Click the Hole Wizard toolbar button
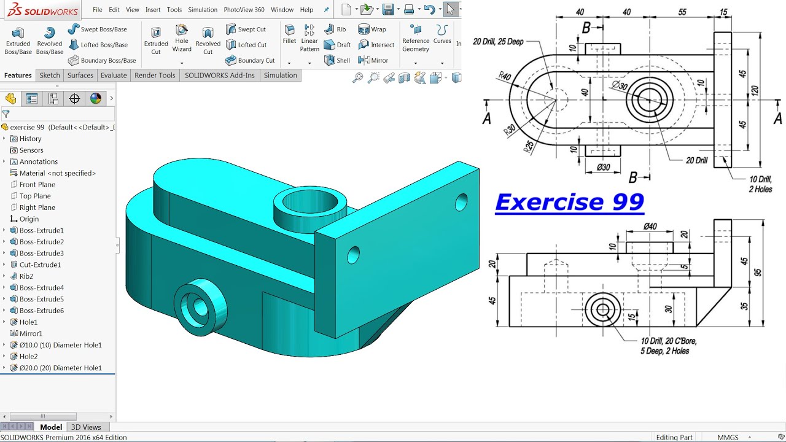pyautogui.click(x=182, y=37)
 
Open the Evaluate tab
pyautogui.click(x=114, y=76)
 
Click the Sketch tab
pyautogui.click(x=50, y=76)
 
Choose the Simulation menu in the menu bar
pyautogui.click(x=203, y=10)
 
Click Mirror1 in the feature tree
pyautogui.click(x=31, y=333)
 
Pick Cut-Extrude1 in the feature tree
pyautogui.click(x=40, y=265)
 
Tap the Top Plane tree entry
pyautogui.click(x=35, y=196)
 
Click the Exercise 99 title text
pyautogui.click(x=569, y=202)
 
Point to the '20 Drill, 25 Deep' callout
pyautogui.click(x=498, y=42)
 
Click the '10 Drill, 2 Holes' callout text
pyautogui.click(x=760, y=184)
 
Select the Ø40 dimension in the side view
pyautogui.click(x=650, y=227)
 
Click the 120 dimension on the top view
pyautogui.click(x=755, y=90)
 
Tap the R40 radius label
pyautogui.click(x=505, y=76)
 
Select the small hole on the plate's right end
pyautogui.click(x=461, y=201)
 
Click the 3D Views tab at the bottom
pyautogui.click(x=86, y=427)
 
